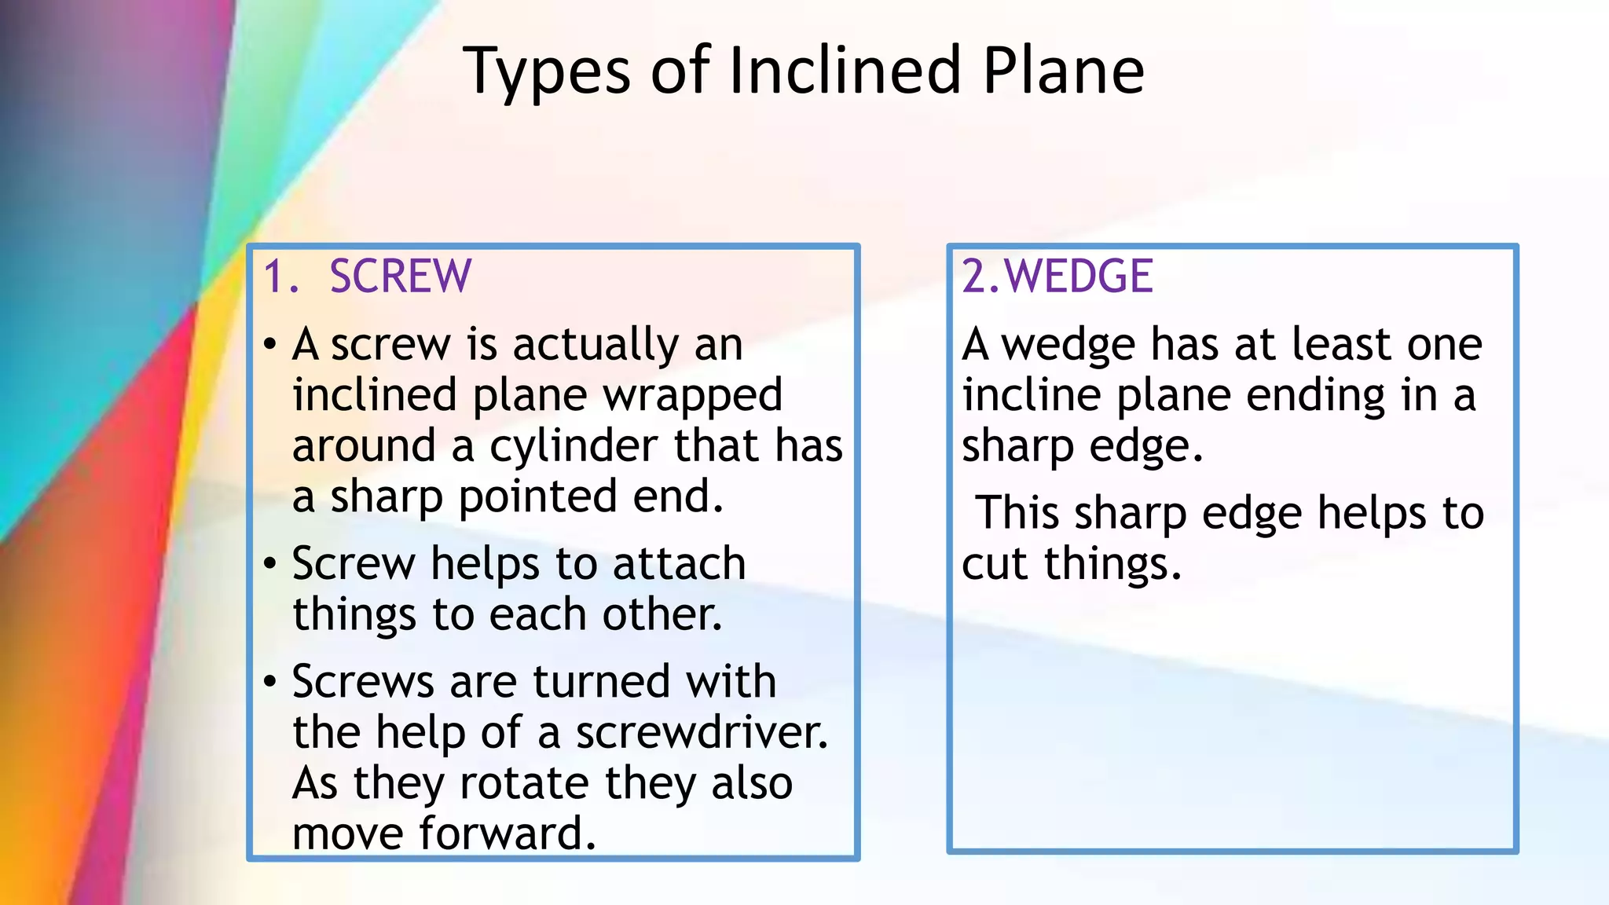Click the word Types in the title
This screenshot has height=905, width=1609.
click(x=547, y=72)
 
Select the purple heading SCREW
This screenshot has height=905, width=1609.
click(x=400, y=277)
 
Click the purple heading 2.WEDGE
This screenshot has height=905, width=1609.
click(x=1057, y=277)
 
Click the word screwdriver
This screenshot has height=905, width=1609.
click(x=701, y=732)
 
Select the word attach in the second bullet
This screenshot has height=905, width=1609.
click(x=679, y=564)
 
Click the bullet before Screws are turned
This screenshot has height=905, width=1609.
click(x=270, y=681)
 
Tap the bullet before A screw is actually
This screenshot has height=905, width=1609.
click(x=270, y=344)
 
